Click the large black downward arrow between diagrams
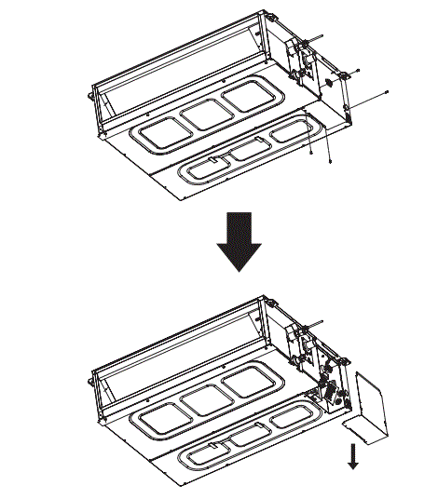pyautogui.click(x=239, y=238)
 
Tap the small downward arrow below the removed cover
pyautogui.click(x=353, y=457)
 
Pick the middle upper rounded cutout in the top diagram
pyautogui.click(x=205, y=113)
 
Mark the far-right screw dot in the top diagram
pyautogui.click(x=386, y=91)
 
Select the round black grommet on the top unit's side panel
pyautogui.click(x=328, y=82)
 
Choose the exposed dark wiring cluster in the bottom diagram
pyautogui.click(x=328, y=388)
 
